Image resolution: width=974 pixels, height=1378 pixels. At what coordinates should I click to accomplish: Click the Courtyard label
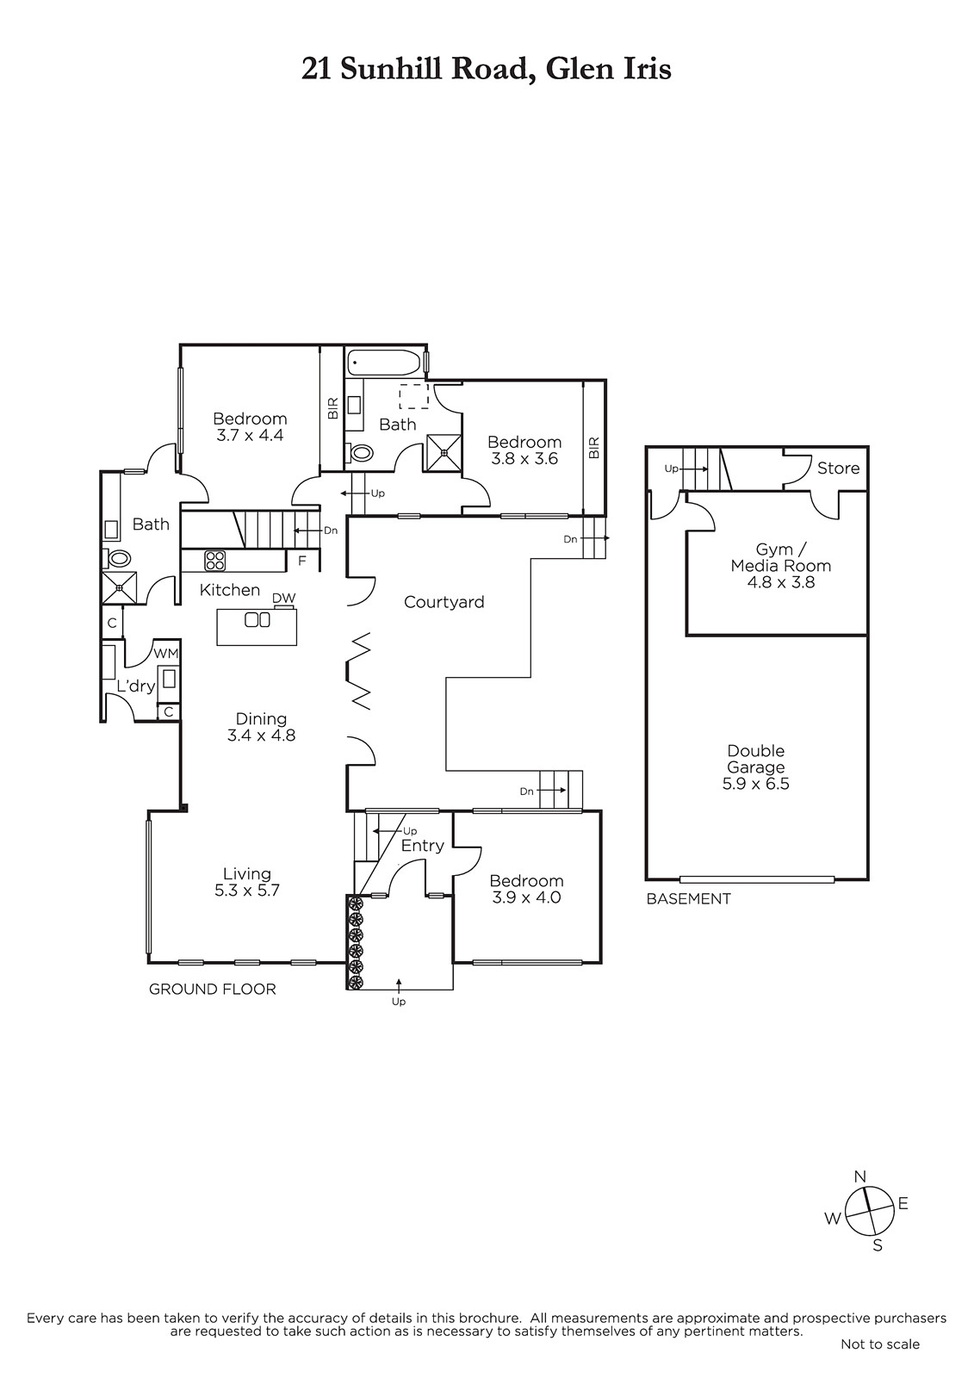point(444,602)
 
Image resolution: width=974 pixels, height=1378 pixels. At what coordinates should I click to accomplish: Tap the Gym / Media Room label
point(781,557)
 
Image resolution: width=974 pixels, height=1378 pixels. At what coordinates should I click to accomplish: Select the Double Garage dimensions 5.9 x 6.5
point(755,784)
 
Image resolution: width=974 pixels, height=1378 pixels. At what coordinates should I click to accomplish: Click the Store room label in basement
point(838,469)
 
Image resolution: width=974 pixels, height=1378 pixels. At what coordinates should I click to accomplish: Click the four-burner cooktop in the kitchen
point(214,561)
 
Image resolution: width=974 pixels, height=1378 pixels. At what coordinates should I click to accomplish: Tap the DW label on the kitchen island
point(283,598)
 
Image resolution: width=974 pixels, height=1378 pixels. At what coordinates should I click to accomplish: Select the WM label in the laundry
point(165,654)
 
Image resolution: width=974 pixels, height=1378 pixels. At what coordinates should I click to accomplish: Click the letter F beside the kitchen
point(302,561)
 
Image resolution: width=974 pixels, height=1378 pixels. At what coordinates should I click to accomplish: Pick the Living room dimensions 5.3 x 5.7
point(247,891)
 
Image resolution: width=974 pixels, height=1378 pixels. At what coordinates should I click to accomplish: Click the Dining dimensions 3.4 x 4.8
point(262,736)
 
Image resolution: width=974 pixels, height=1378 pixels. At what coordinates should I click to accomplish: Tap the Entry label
point(422,846)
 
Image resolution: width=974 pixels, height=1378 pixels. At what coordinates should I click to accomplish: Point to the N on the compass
point(860,1176)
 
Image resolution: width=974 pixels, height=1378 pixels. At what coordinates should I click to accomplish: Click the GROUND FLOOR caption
point(212,990)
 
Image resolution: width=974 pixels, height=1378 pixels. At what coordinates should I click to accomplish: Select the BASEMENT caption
point(688,899)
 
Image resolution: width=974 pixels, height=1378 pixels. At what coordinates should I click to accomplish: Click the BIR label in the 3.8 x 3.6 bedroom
point(593,448)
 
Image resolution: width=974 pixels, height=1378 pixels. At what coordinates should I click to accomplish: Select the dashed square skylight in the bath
point(413,396)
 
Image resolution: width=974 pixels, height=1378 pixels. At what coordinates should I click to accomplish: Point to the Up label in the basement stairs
point(671,469)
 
